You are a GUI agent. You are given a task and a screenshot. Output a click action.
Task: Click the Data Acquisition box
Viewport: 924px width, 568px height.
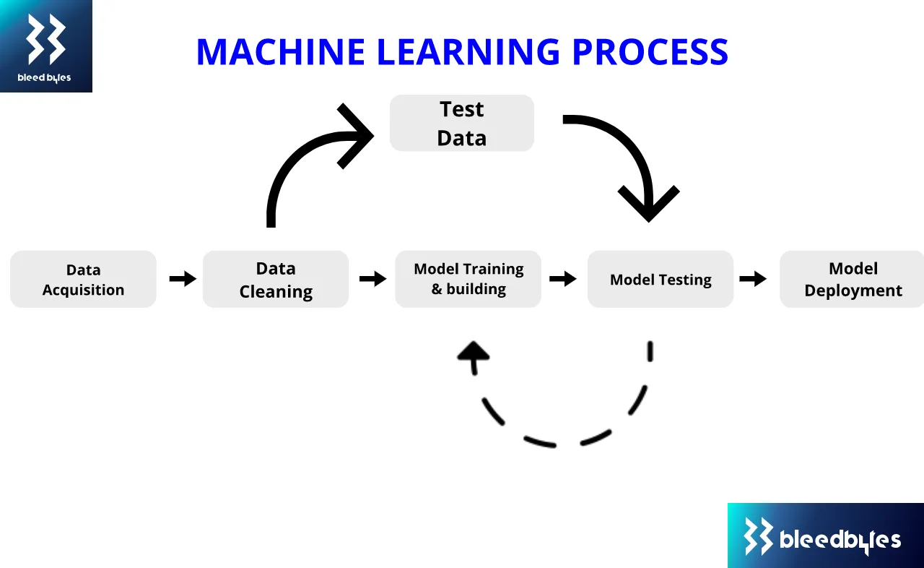[83, 279]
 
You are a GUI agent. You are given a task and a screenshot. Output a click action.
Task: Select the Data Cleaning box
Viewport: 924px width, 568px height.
[276, 279]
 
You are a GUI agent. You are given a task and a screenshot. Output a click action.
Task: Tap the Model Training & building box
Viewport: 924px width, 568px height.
[468, 279]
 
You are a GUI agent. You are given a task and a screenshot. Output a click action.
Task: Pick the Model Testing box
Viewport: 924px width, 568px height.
[661, 279]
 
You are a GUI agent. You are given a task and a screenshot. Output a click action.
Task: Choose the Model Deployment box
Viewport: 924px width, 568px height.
[852, 279]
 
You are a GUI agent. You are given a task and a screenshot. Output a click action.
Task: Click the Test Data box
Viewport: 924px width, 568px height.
[462, 123]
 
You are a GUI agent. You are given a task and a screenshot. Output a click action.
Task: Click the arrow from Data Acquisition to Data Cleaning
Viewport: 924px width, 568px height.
[183, 279]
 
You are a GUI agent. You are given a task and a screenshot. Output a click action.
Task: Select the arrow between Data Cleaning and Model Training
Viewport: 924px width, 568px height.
[372, 279]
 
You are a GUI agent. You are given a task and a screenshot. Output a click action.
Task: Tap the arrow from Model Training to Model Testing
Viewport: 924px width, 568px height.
[563, 279]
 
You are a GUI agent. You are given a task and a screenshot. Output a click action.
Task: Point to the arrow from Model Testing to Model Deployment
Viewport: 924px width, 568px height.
[753, 279]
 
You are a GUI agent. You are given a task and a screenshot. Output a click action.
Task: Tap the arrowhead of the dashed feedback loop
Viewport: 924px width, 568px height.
[474, 354]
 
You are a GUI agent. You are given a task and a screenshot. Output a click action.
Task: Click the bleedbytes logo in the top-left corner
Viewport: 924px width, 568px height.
[45, 46]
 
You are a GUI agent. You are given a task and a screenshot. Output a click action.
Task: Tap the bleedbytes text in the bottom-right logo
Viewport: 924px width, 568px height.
[840, 540]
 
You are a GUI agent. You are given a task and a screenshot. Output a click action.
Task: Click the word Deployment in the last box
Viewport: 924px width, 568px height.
[853, 291]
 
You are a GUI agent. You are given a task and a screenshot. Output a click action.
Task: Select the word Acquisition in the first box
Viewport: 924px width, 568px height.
[83, 291]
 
